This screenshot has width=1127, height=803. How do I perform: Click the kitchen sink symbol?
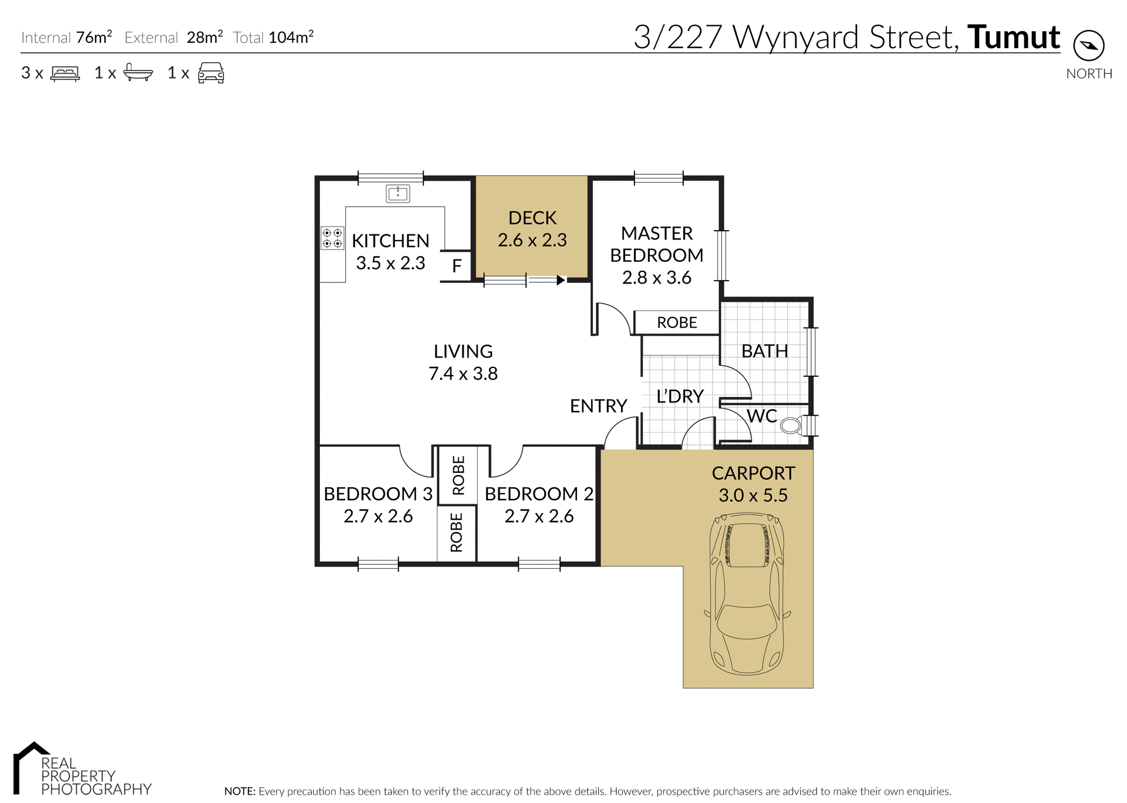[x=398, y=193]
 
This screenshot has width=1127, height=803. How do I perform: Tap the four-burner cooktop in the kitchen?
[x=332, y=238]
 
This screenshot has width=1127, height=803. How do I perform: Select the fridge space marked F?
[x=457, y=266]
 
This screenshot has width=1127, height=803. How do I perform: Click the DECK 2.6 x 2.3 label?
[x=532, y=229]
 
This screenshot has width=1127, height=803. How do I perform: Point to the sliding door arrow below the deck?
[x=561, y=281]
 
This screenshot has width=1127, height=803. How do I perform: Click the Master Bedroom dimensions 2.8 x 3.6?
[x=656, y=277]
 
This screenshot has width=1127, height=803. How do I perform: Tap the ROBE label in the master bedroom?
[x=677, y=322]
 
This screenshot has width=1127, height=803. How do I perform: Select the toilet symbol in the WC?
[x=791, y=425]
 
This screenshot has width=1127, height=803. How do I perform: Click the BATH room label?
[x=764, y=351]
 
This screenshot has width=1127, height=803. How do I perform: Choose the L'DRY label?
[x=680, y=396]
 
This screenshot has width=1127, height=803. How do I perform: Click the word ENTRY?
[x=598, y=406]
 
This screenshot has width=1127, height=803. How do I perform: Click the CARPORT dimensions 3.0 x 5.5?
[x=753, y=495]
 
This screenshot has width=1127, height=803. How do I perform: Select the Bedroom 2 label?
[x=538, y=494]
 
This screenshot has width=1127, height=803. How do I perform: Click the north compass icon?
[x=1089, y=46]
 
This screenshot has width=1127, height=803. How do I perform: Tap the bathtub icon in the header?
[x=138, y=73]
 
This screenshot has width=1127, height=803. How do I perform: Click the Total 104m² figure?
[x=291, y=38]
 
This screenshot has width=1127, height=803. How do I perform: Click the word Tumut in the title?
[x=1013, y=37]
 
